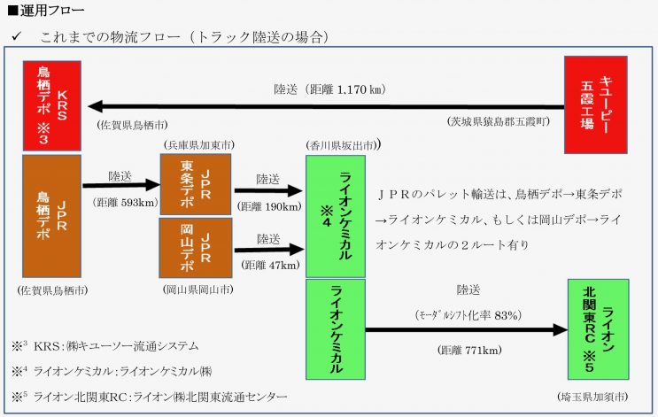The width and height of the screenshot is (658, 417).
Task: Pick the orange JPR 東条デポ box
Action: point(195,184)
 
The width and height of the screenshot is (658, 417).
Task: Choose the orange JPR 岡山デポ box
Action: point(195,248)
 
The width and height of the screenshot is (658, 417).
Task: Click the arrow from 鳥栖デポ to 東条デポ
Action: point(120,187)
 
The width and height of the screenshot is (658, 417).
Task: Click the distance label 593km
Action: point(120,202)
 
